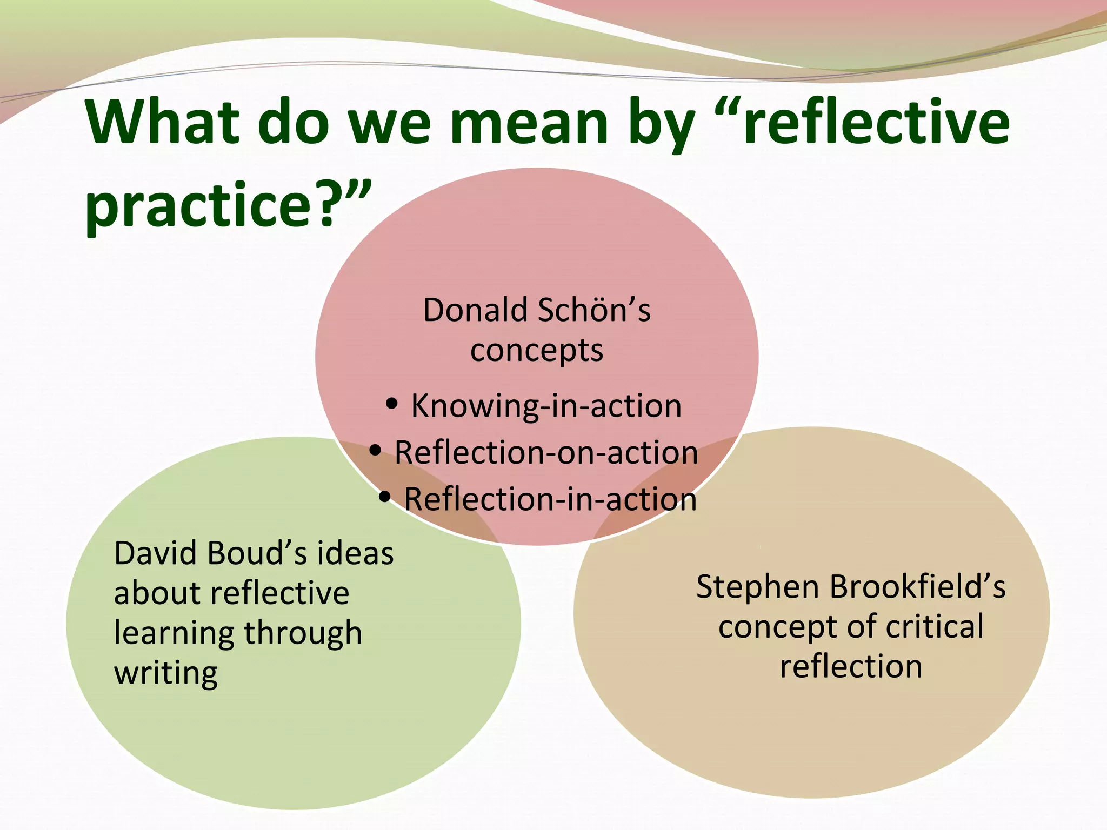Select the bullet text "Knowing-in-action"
point(546,406)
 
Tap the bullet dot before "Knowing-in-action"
point(392,404)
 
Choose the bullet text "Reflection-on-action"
point(546,452)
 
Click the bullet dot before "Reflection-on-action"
point(376,450)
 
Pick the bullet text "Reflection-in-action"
point(550,499)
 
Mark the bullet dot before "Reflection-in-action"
point(385,497)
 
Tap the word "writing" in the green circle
point(166,674)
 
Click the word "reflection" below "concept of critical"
point(851,666)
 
